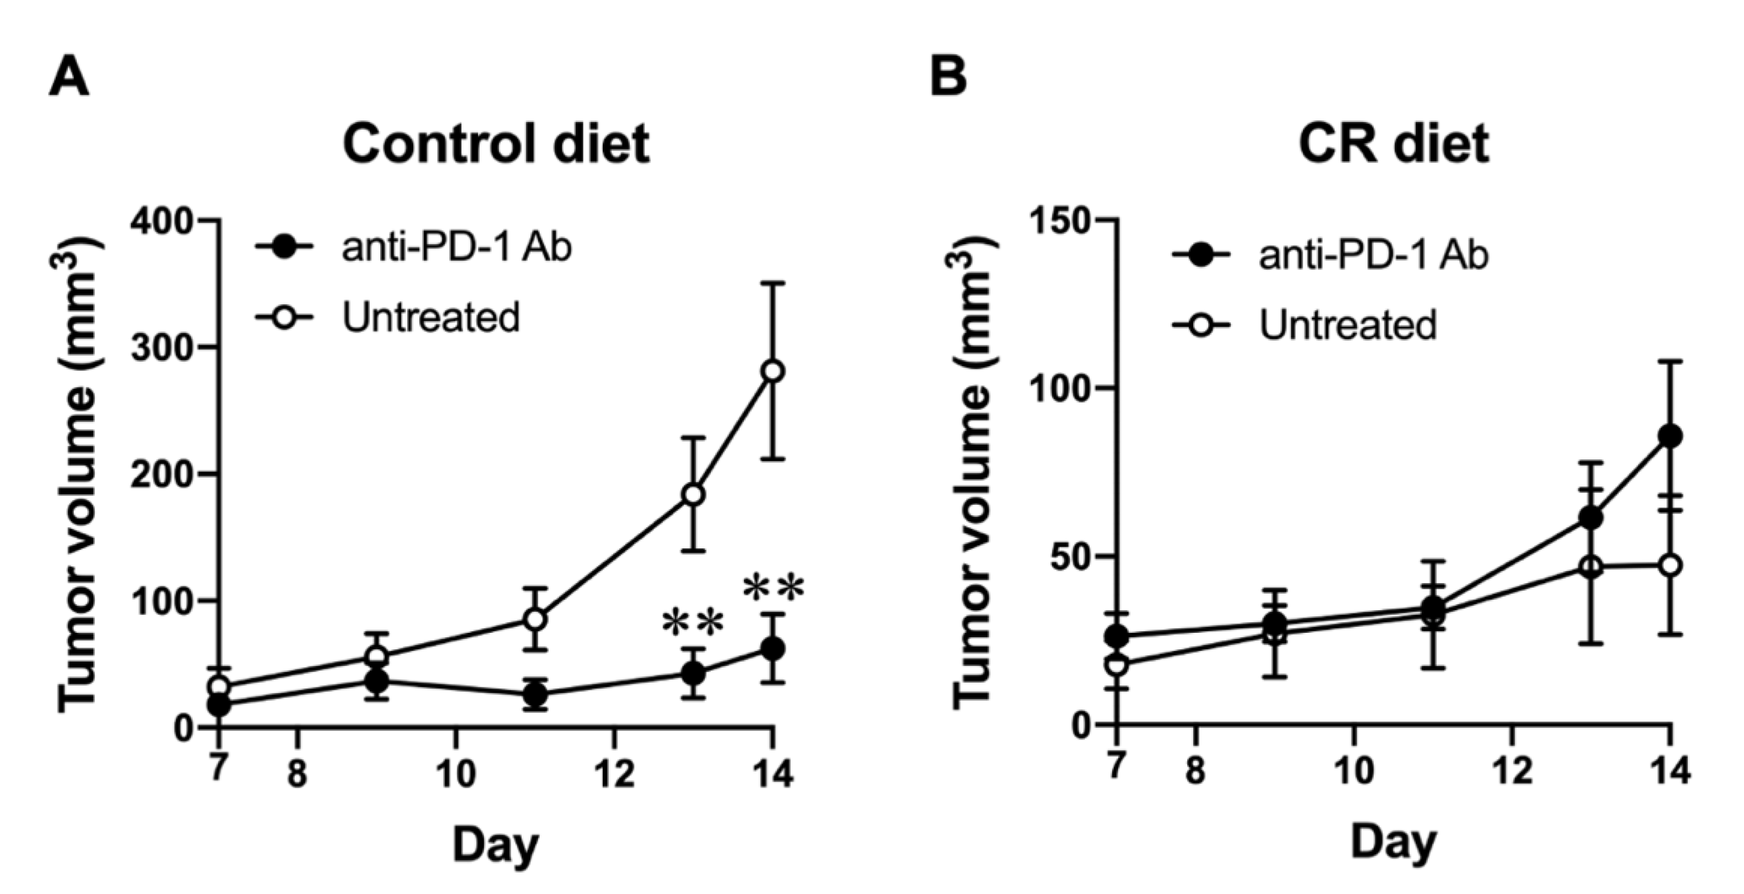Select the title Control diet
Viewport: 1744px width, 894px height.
point(496,144)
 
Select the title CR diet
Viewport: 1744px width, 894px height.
point(1394,144)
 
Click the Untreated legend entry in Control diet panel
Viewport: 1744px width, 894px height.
point(430,317)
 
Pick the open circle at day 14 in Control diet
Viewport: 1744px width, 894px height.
point(773,371)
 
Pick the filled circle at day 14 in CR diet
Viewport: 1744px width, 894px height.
point(1670,436)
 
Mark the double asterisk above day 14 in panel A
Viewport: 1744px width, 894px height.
point(773,589)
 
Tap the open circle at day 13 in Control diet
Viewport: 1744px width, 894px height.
point(693,494)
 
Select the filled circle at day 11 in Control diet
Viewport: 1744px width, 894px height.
point(535,694)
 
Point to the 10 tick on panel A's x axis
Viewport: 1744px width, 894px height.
point(456,773)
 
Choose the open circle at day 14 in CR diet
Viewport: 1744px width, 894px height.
point(1670,565)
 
